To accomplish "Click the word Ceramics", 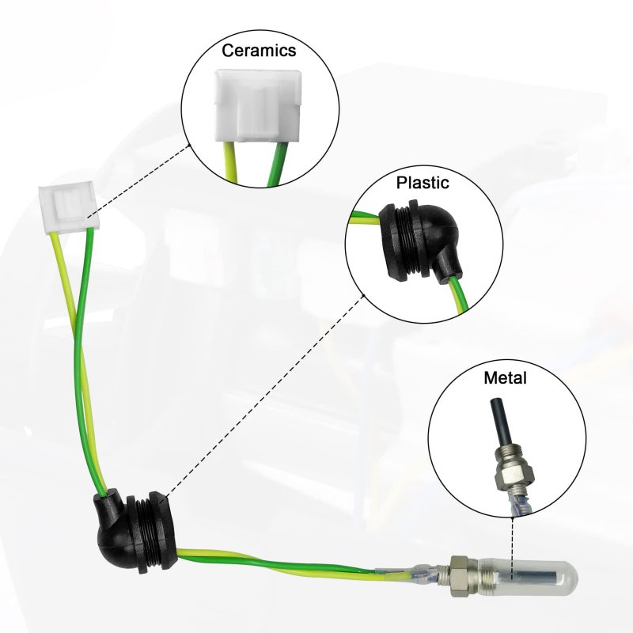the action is point(259,51).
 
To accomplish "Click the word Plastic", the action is point(423,183).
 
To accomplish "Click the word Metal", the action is point(505,378).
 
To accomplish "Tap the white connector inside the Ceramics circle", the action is point(258,106).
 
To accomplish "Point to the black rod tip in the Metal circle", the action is point(499,422).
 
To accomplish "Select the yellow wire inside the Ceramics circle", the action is point(231,162).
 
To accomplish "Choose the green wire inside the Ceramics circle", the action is point(278,165).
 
